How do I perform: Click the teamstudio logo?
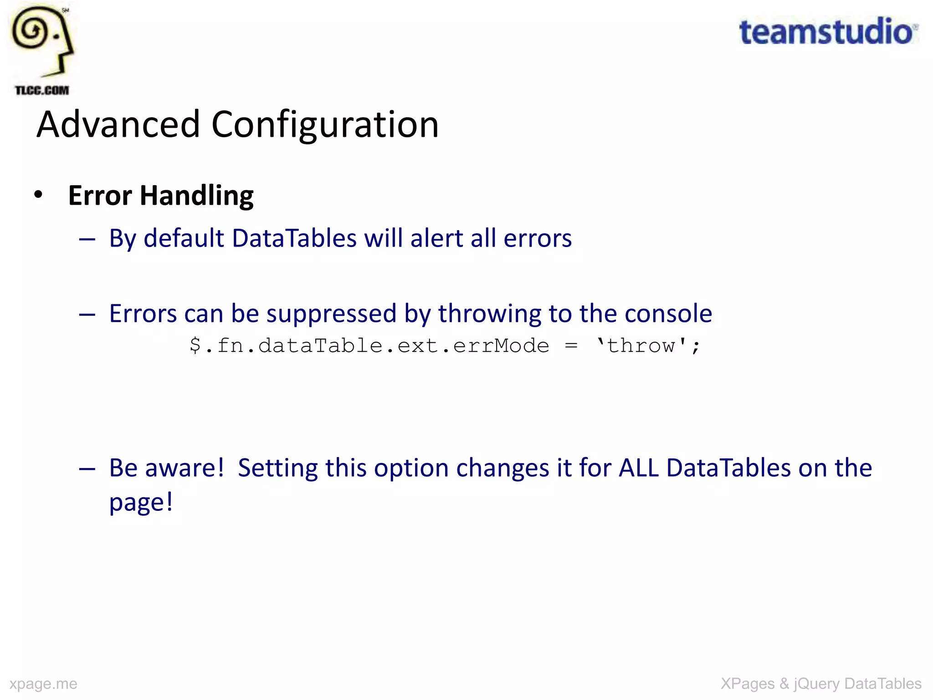(827, 32)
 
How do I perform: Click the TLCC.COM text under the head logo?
(42, 90)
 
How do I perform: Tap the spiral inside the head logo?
(31, 31)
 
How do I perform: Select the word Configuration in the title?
(325, 125)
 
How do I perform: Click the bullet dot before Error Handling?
(38, 195)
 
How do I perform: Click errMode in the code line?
(501, 345)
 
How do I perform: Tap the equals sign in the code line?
(571, 345)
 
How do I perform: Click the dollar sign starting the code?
(195, 345)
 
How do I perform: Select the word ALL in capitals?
(639, 468)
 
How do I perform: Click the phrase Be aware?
(167, 468)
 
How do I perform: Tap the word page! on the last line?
(141, 503)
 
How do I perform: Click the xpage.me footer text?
(43, 684)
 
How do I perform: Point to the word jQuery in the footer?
(816, 684)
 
